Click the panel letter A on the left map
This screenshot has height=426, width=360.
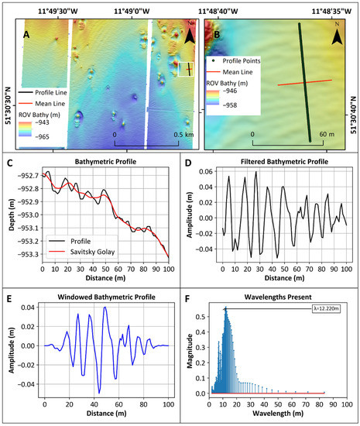pyautogui.click(x=26, y=35)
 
